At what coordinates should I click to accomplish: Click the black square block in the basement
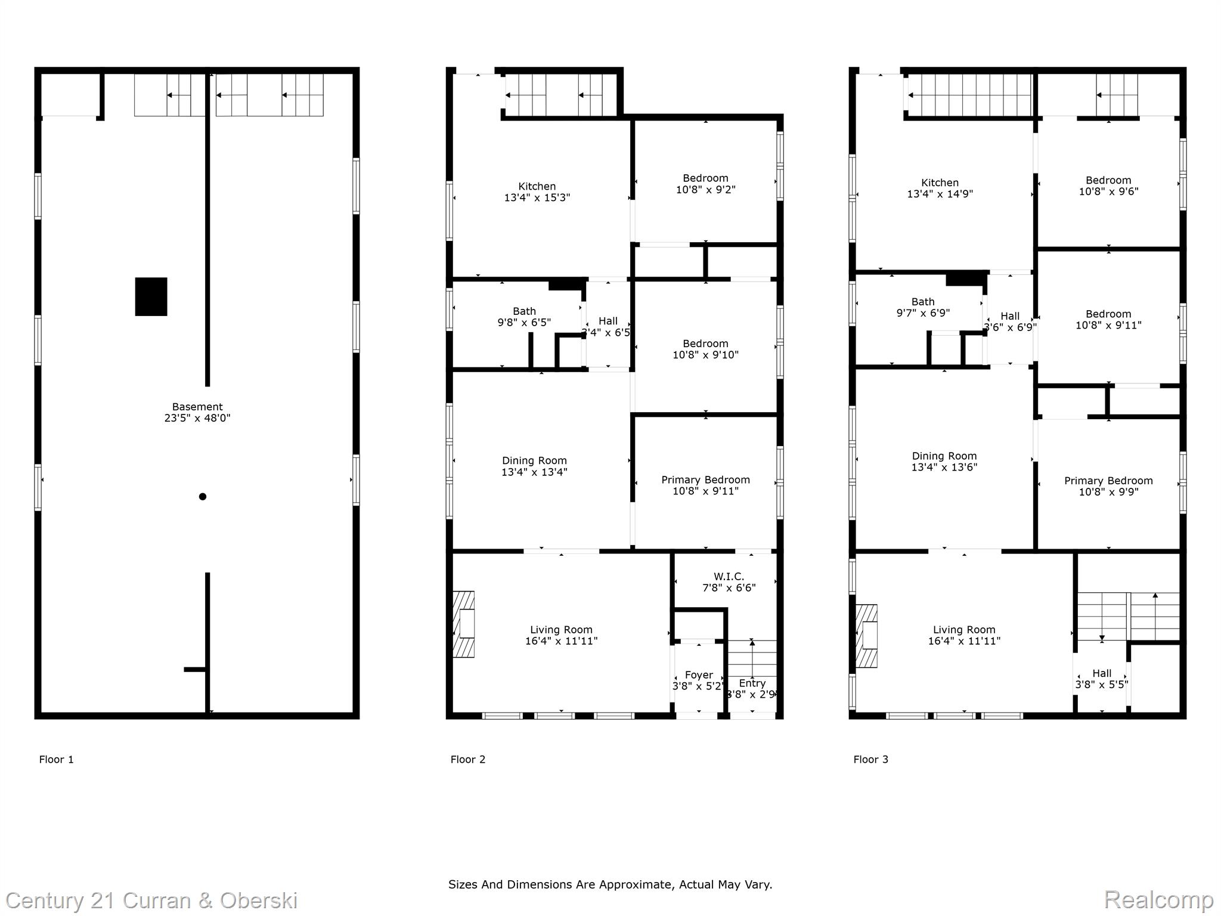coord(151,296)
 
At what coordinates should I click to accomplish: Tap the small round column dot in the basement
coord(203,496)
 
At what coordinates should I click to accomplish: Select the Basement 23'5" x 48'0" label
coord(197,413)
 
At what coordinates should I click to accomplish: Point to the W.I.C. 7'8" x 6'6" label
coord(729,582)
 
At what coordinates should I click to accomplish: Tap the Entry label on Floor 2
coord(752,683)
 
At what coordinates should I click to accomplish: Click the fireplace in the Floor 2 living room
coord(464,624)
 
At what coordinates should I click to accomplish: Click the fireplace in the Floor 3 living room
coord(867,636)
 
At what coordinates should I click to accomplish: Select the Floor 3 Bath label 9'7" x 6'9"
coord(923,307)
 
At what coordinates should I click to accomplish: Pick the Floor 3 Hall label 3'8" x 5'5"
coord(1101,679)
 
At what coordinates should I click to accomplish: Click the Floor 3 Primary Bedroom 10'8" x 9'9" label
coord(1108,486)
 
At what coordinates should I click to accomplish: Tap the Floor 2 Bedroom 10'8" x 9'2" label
coord(705,184)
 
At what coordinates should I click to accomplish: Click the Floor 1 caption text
coord(56,759)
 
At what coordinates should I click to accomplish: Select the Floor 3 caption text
coord(870,759)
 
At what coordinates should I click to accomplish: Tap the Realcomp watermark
coord(1158,900)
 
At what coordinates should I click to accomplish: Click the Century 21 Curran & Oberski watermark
coord(151,900)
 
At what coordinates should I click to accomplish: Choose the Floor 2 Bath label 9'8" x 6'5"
coord(524,317)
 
